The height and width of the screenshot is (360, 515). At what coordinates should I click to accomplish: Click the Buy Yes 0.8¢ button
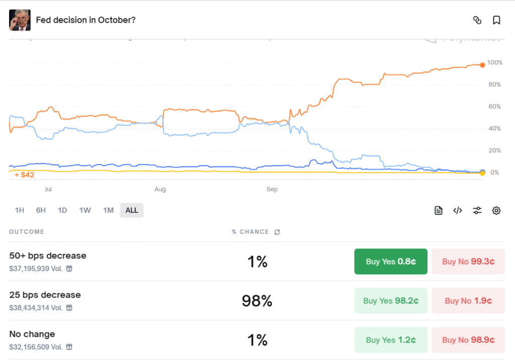pyautogui.click(x=391, y=261)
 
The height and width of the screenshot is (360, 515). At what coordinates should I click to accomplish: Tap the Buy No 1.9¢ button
pyautogui.click(x=468, y=301)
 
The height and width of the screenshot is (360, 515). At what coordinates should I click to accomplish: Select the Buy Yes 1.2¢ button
pyautogui.click(x=391, y=340)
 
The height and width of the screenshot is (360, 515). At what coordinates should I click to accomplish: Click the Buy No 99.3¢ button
pyautogui.click(x=468, y=261)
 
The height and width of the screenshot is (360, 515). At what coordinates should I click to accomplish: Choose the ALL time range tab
pyautogui.click(x=132, y=210)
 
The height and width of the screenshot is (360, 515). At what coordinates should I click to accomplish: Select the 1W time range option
pyautogui.click(x=85, y=210)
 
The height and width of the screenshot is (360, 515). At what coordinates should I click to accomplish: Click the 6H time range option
pyautogui.click(x=41, y=210)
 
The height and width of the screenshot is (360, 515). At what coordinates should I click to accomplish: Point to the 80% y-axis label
pyautogui.click(x=494, y=84)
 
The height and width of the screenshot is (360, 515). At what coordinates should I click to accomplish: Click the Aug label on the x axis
pyautogui.click(x=160, y=190)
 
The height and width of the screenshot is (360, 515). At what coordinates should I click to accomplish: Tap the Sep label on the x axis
pyautogui.click(x=272, y=190)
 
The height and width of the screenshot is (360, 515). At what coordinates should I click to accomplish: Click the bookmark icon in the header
pyautogui.click(x=496, y=20)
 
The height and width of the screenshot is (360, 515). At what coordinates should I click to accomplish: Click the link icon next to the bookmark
pyautogui.click(x=477, y=20)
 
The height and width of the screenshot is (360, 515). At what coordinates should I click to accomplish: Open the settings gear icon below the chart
pyautogui.click(x=496, y=211)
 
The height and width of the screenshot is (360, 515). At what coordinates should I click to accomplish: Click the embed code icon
pyautogui.click(x=458, y=211)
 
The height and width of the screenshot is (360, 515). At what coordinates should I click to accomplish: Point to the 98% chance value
pyautogui.click(x=257, y=301)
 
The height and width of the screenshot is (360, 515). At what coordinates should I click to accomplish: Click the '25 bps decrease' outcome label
pyautogui.click(x=45, y=295)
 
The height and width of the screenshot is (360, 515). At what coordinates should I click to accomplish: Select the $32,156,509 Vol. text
pyautogui.click(x=36, y=347)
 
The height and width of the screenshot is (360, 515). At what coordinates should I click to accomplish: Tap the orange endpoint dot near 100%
pyautogui.click(x=482, y=65)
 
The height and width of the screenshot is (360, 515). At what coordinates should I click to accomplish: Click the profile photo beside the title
pyautogui.click(x=20, y=20)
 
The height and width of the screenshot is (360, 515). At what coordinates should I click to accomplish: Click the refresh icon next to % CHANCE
pyautogui.click(x=277, y=232)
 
